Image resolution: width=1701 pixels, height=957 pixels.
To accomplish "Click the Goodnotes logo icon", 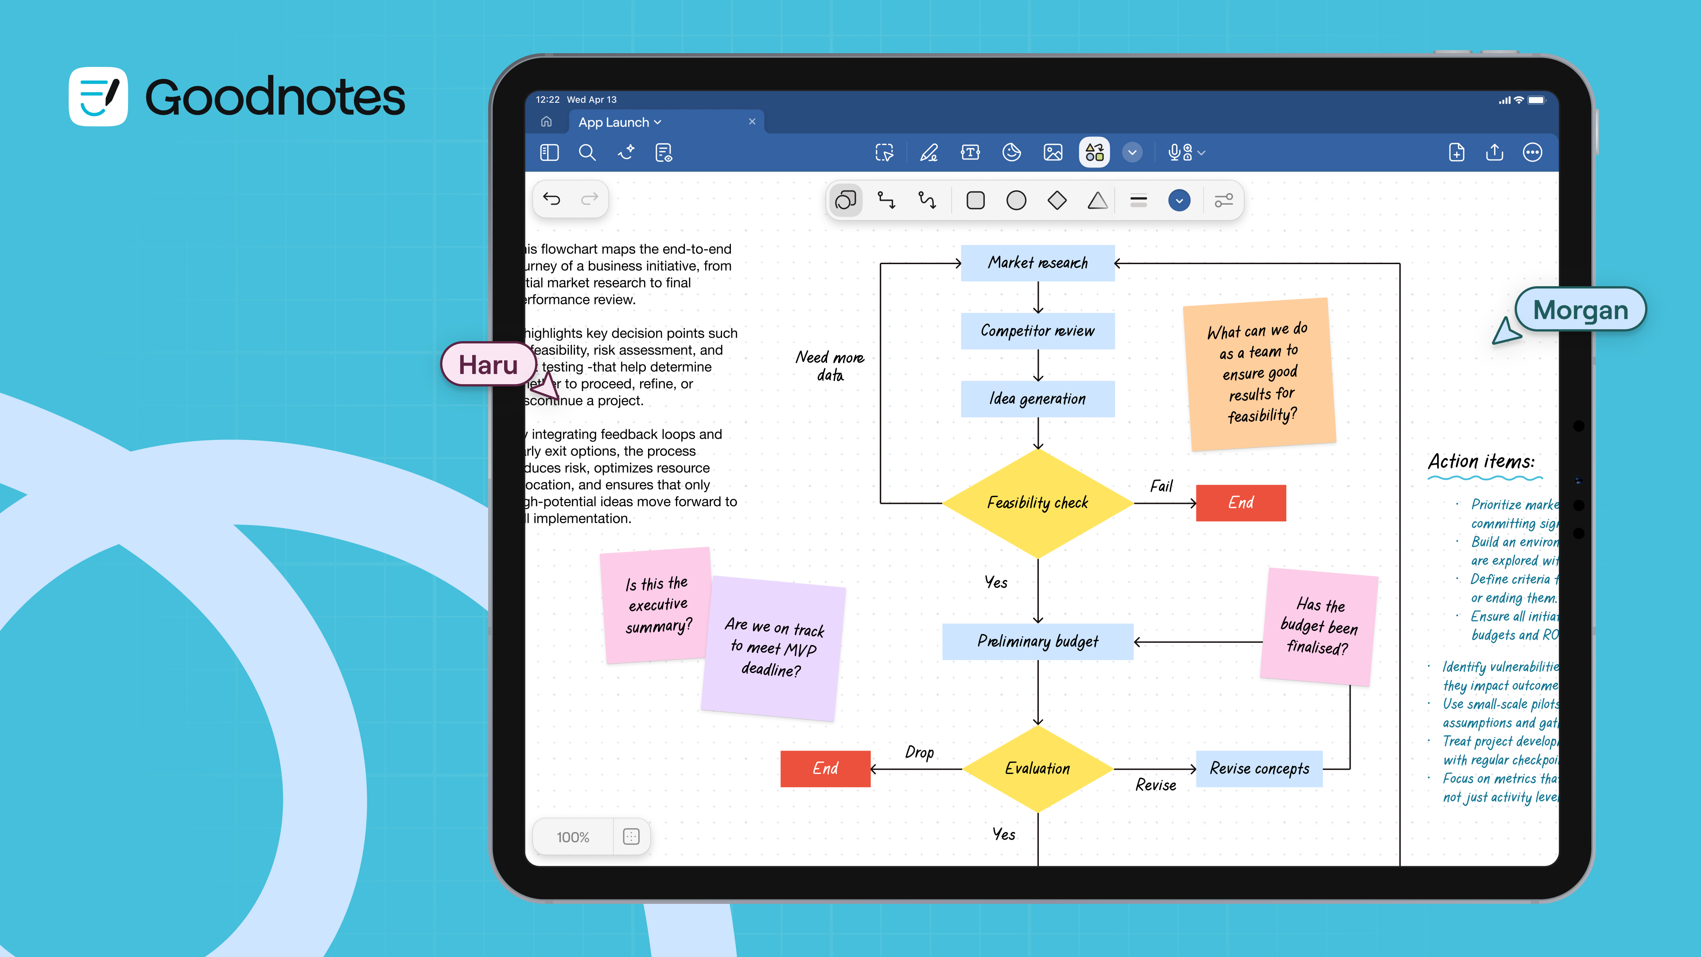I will (x=98, y=97).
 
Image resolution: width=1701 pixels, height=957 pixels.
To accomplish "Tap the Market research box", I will (x=1037, y=263).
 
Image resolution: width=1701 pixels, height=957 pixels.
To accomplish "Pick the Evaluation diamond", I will (x=1037, y=769).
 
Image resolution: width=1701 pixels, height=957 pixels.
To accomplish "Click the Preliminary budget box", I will (x=1037, y=641).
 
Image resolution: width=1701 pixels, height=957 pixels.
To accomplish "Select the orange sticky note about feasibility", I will (x=1259, y=374).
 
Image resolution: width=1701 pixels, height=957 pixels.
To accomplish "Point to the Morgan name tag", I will (x=1580, y=310).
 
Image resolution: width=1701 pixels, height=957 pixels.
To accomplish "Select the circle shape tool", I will (x=1016, y=200).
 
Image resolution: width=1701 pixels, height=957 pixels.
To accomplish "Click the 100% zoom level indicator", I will (x=572, y=837).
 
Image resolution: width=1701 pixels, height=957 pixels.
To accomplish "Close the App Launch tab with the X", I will (x=751, y=121).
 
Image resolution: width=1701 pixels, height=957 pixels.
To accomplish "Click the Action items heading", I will (x=1481, y=462).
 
